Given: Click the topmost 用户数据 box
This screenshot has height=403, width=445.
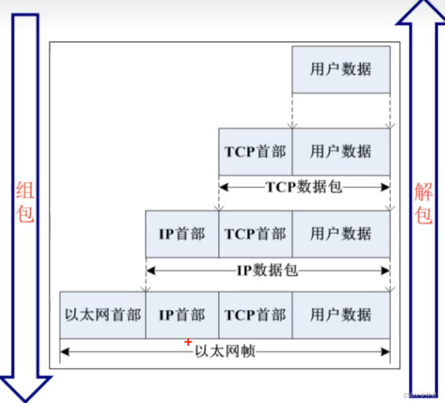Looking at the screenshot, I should click(x=341, y=69).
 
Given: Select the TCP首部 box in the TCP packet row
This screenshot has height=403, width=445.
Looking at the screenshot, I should click(x=255, y=151).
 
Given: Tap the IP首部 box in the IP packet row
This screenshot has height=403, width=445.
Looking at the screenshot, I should click(x=182, y=234).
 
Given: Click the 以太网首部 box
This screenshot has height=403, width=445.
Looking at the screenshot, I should click(x=103, y=315).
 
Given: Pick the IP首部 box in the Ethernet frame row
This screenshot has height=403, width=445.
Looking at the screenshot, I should click(x=182, y=315).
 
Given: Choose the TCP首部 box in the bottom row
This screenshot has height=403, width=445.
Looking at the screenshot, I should click(x=255, y=315).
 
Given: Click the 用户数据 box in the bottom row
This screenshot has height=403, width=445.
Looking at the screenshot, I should click(x=341, y=315).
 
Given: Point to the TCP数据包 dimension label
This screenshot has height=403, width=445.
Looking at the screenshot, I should click(x=304, y=187).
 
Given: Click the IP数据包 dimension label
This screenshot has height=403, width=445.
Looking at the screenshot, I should click(x=267, y=270).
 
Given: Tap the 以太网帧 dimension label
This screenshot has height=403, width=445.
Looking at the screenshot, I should click(x=225, y=352).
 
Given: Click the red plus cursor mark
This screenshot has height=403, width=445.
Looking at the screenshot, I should click(x=188, y=342).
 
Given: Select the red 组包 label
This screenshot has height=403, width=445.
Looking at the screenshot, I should click(x=25, y=202).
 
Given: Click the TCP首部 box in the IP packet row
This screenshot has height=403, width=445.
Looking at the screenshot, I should click(x=255, y=234).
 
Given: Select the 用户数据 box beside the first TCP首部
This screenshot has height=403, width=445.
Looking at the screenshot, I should click(x=341, y=151).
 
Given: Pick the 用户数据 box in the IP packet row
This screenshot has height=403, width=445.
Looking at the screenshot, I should click(x=341, y=234).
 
